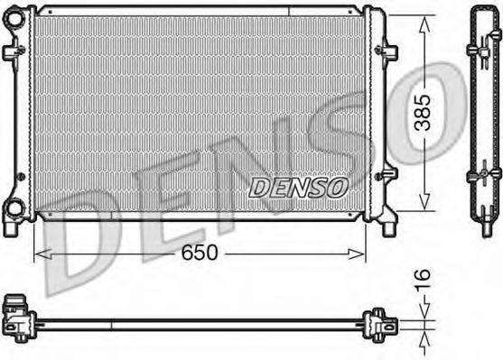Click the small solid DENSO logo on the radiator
297,188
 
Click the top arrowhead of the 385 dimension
424,21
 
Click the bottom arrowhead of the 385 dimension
424,207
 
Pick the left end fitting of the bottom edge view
16,316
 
